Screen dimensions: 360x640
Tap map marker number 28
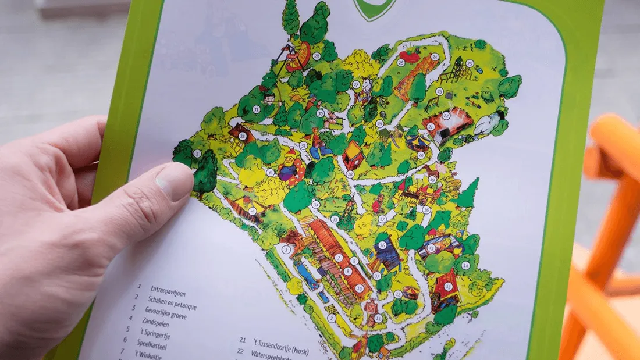pos(317,56)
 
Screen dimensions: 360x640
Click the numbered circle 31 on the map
pos(256,109)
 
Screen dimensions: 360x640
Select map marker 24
pos(435,56)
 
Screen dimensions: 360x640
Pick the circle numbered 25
pos(469,63)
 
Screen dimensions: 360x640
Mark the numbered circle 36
pos(382,245)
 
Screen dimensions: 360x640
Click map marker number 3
pos(286,249)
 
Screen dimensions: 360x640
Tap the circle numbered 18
pos(350,173)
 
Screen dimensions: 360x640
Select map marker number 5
pos(197,154)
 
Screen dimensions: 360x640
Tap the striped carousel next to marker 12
pos(411,291)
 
